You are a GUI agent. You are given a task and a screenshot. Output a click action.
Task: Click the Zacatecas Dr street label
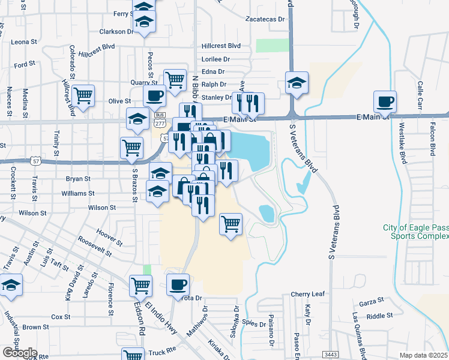(265, 19)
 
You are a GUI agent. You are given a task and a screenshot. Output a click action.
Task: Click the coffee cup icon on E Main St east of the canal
(385, 101)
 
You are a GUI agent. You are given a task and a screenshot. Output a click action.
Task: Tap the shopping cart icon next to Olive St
(83, 95)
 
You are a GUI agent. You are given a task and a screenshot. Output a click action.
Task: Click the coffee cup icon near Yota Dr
(178, 284)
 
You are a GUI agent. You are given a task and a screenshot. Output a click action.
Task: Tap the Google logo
(20, 353)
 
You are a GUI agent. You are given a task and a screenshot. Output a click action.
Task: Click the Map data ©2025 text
(424, 355)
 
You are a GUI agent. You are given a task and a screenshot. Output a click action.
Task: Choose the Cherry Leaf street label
(307, 295)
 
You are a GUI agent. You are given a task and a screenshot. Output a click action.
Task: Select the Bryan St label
(78, 179)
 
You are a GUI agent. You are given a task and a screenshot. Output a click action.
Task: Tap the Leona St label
(25, 42)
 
